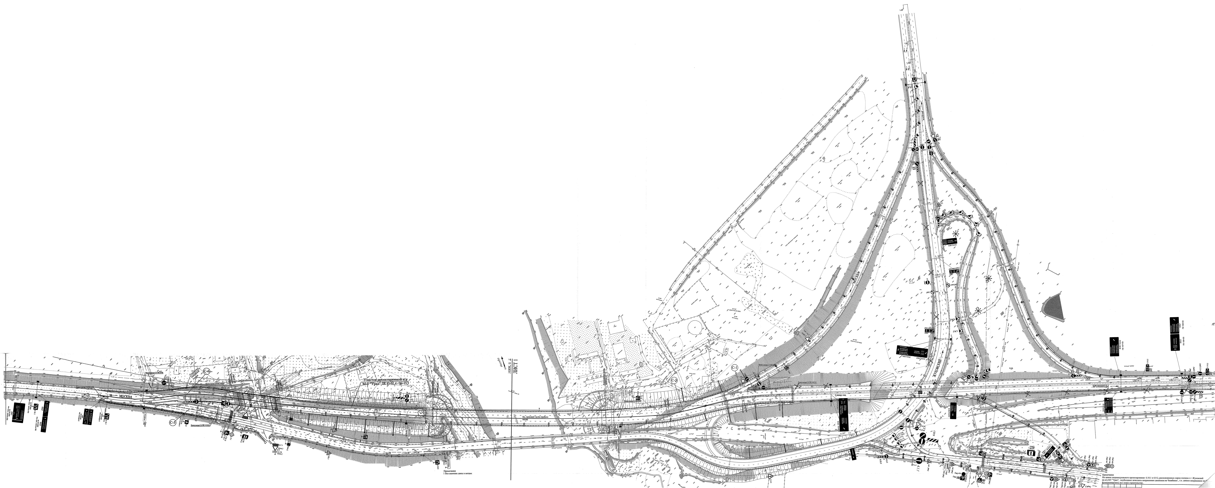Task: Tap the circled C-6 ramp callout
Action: pos(206,372)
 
